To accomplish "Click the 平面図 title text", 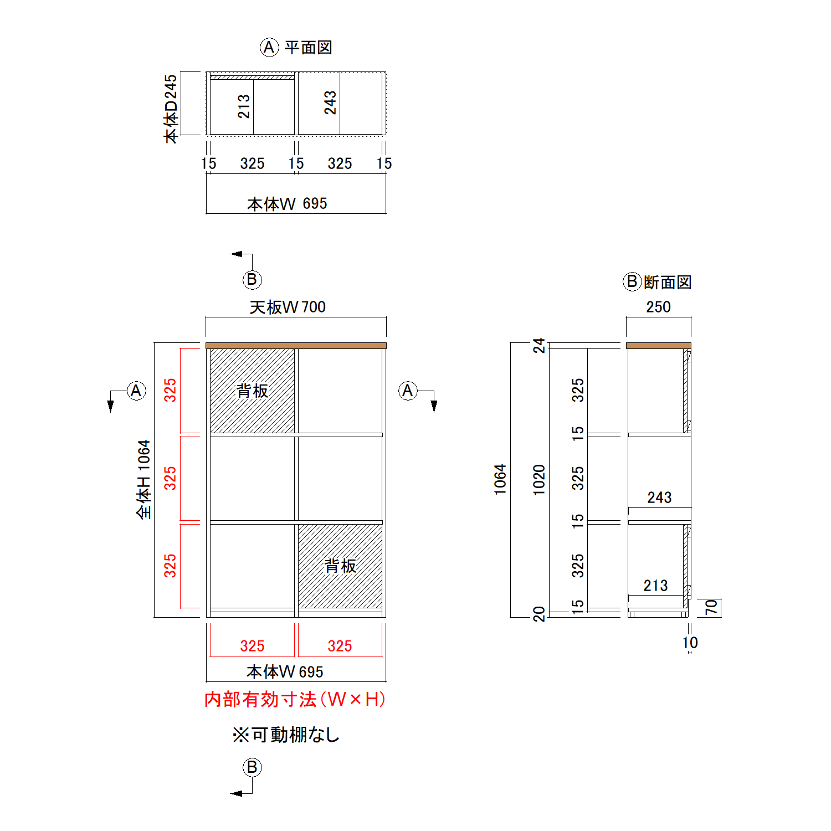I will pyautogui.click(x=308, y=48).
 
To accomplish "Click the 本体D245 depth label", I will pyautogui.click(x=171, y=109).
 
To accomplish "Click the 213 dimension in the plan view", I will pyautogui.click(x=244, y=106).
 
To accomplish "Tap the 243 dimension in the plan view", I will pyautogui.click(x=330, y=103).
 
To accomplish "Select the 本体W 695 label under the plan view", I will pyautogui.click(x=287, y=204).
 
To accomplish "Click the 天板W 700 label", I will pyautogui.click(x=288, y=307).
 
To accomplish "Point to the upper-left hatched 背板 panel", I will pyautogui.click(x=252, y=391).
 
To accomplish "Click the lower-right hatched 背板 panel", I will pyautogui.click(x=340, y=566).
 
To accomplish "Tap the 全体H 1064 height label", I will pyautogui.click(x=143, y=479).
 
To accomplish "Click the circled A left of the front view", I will pyautogui.click(x=136, y=391).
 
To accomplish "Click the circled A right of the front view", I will pyautogui.click(x=408, y=391).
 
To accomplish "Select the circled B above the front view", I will pyautogui.click(x=252, y=280).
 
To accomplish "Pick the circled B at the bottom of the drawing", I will pyautogui.click(x=252, y=767).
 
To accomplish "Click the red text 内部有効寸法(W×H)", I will pyautogui.click(x=295, y=699).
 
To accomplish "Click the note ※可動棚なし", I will pyautogui.click(x=286, y=735).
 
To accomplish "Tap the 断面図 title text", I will pyautogui.click(x=668, y=283).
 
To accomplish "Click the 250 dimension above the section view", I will pyautogui.click(x=658, y=307).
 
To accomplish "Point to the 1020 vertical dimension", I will pyautogui.click(x=539, y=480).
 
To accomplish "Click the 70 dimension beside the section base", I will pyautogui.click(x=711, y=608).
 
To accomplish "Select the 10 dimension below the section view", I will pyautogui.click(x=690, y=643).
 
